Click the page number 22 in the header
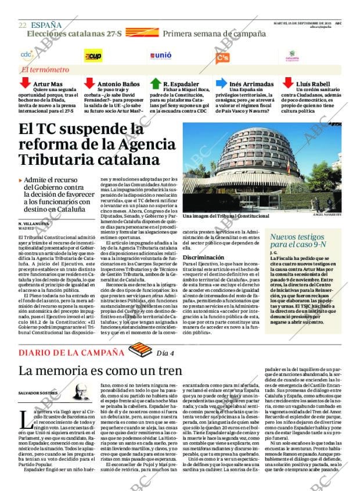pyautogui.click(x=22, y=25)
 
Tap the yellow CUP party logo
pyautogui.click(x=93, y=56)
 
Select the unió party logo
pyautogui.click(x=161, y=56)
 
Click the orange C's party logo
pyautogui.click(x=222, y=57)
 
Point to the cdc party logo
pyautogui.click(x=27, y=55)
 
